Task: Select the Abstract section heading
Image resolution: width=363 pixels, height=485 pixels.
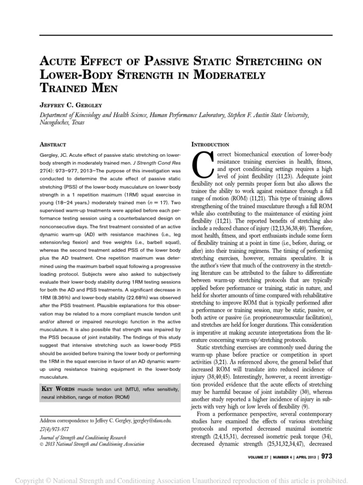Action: click(x=52, y=144)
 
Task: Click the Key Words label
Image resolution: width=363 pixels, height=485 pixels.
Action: click(x=58, y=389)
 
